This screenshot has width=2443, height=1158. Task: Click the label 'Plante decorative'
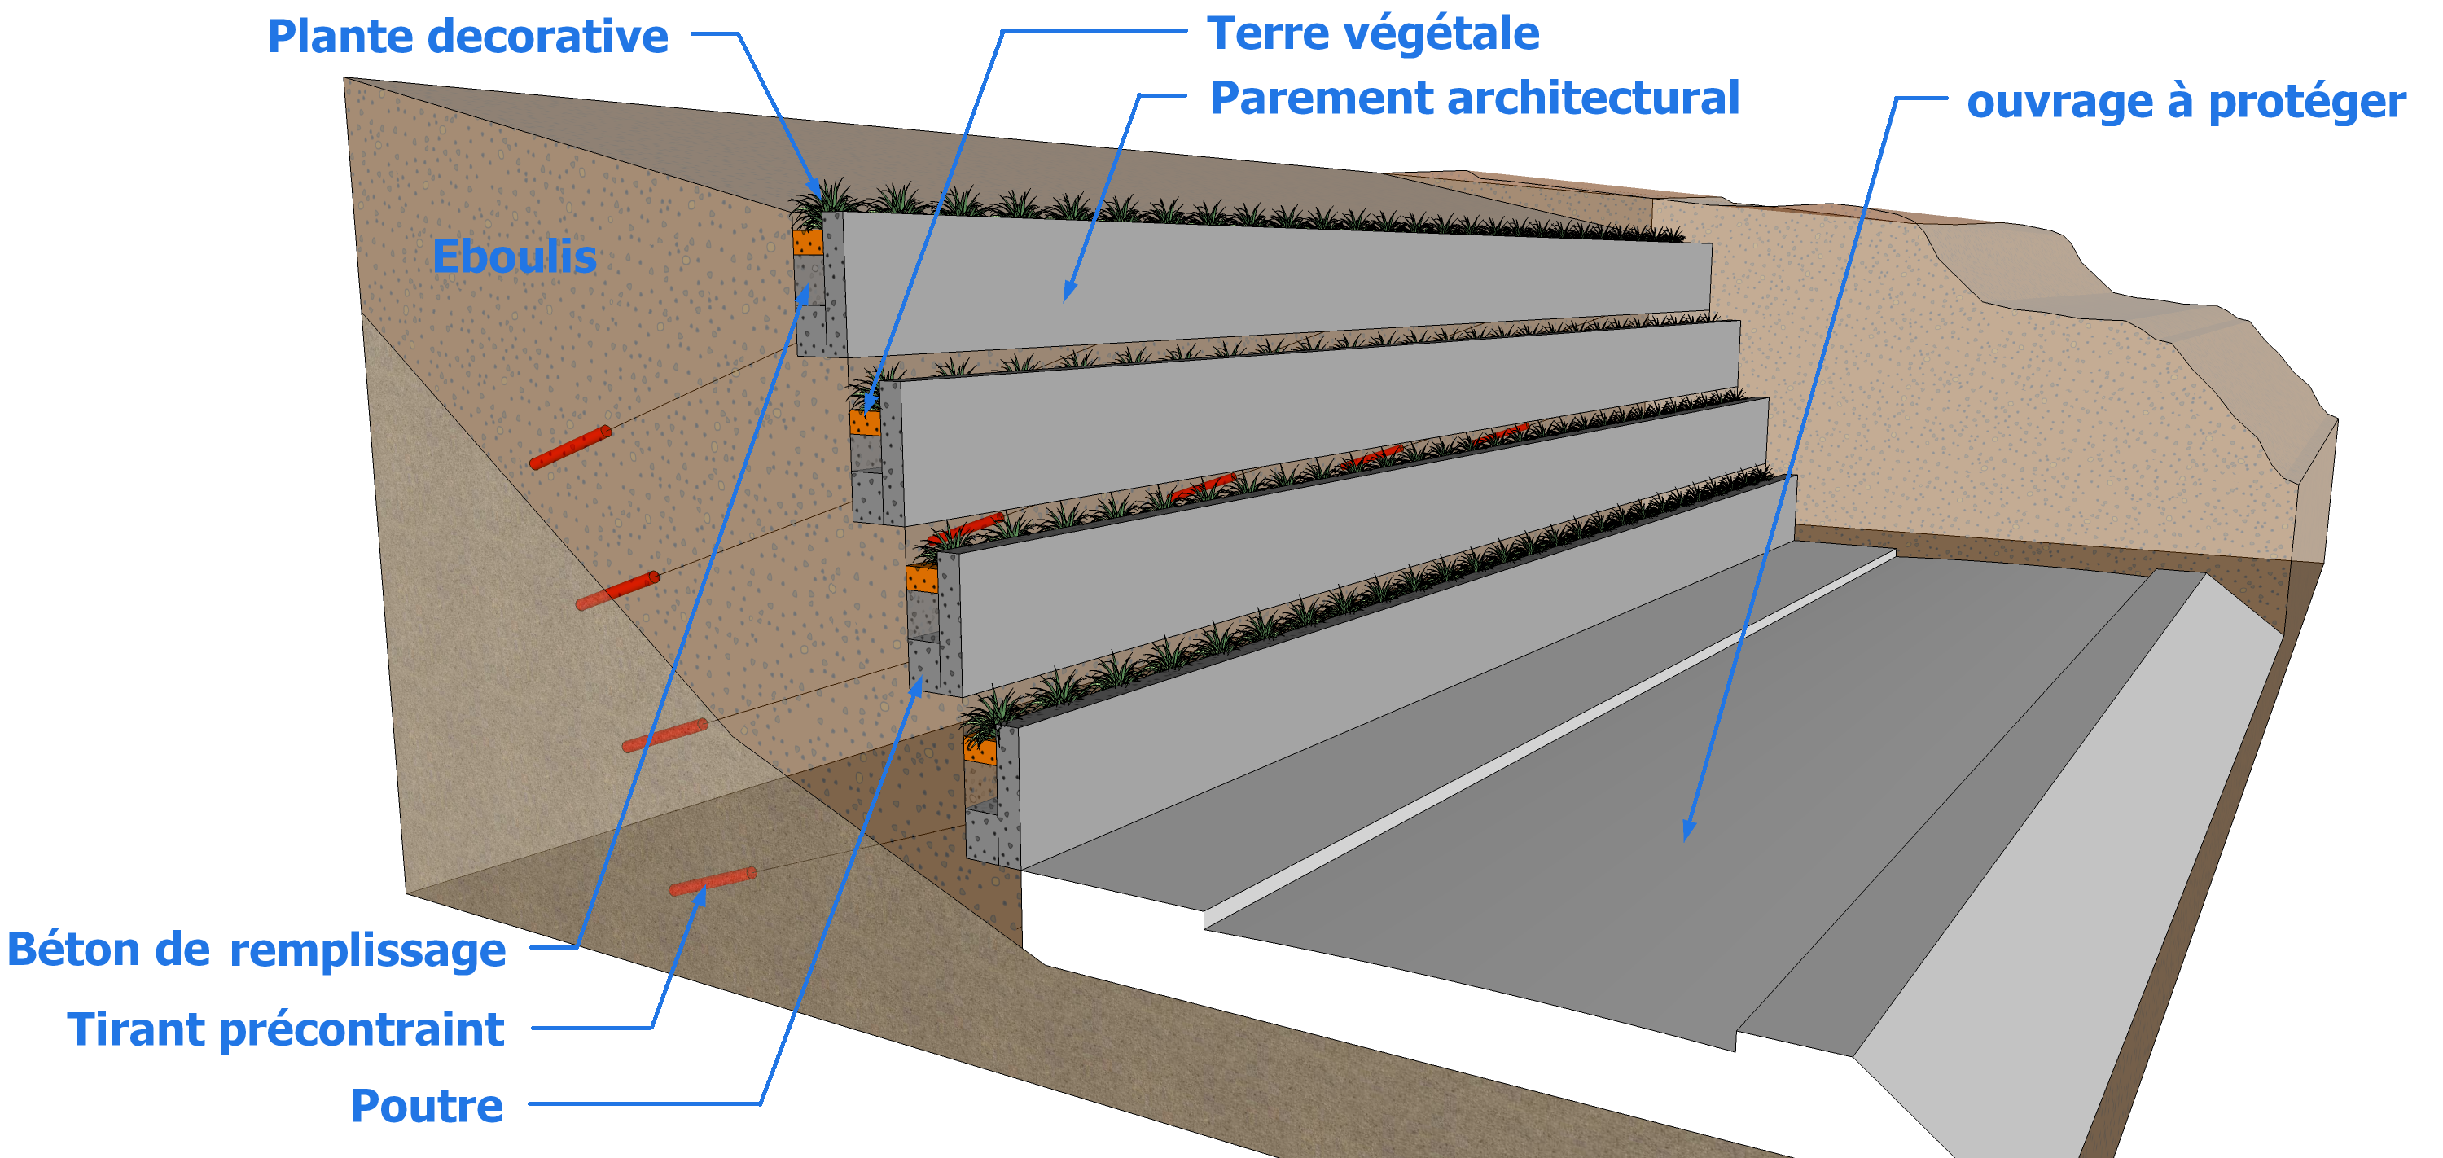point(467,37)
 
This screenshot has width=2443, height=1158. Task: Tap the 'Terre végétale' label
point(1372,34)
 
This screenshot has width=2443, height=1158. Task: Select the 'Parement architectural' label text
point(1474,99)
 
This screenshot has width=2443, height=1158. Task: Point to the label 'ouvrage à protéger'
point(2185,102)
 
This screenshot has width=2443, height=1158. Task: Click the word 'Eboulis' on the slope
point(514,257)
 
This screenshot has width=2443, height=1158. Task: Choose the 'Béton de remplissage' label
point(256,950)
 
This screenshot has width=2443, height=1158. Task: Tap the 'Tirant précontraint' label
point(284,1029)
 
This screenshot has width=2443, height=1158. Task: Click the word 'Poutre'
point(427,1106)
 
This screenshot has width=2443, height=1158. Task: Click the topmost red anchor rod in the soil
point(570,448)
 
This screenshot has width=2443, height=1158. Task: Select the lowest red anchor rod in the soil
point(713,881)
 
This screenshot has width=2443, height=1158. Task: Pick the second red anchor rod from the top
point(616,590)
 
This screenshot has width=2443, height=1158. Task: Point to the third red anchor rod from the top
point(664,735)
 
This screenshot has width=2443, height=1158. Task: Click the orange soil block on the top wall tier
point(807,243)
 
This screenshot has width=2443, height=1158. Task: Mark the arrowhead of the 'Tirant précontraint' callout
point(702,893)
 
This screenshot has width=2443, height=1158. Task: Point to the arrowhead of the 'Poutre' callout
point(917,685)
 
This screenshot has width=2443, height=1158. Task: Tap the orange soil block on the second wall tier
point(864,423)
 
